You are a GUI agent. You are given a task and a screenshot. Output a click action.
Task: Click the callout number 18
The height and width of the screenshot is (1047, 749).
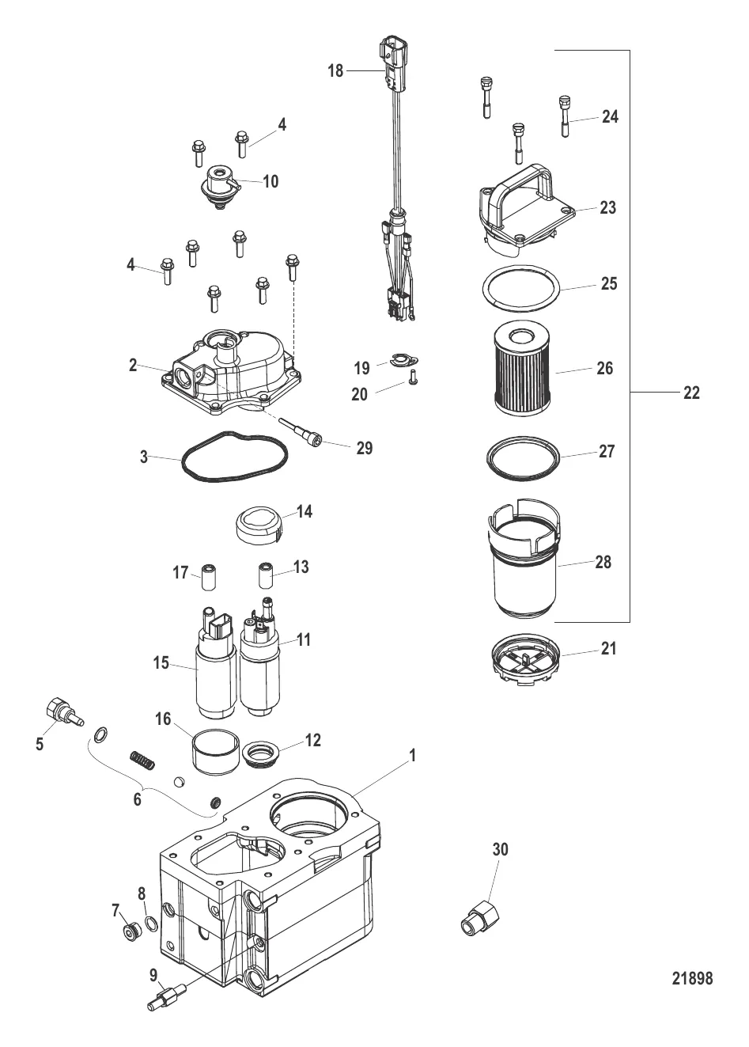(335, 71)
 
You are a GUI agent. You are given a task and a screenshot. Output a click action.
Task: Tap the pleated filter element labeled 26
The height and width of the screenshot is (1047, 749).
(521, 367)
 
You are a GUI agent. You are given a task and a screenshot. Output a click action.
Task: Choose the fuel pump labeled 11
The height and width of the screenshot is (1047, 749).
(259, 662)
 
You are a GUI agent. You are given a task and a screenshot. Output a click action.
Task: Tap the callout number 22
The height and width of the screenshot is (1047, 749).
(691, 393)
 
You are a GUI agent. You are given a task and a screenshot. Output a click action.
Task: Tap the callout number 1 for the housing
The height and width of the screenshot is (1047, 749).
(411, 755)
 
